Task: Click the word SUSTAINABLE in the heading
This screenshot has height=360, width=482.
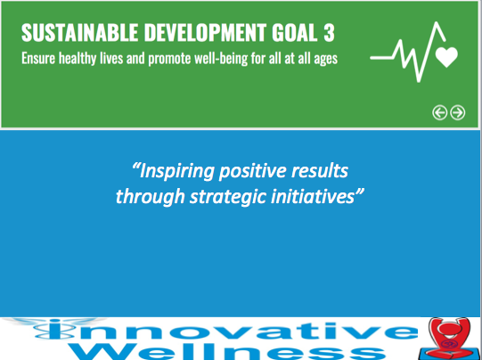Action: click(x=79, y=32)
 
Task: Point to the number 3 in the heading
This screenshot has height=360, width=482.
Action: click(x=329, y=32)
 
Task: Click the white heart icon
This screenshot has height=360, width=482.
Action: click(x=446, y=57)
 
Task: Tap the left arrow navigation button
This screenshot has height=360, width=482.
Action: click(x=440, y=112)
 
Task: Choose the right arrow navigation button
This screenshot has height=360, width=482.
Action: click(x=458, y=112)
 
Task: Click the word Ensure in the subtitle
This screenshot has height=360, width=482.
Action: click(x=38, y=58)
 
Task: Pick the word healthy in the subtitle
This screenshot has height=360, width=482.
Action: click(x=78, y=59)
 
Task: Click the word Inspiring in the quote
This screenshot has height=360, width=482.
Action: click(x=176, y=172)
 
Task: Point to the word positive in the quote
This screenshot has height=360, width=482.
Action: click(x=253, y=172)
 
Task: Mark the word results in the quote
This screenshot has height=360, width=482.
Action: click(x=320, y=170)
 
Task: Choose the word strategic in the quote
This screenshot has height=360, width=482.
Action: click(x=228, y=197)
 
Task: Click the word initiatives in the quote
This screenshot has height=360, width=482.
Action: click(x=313, y=196)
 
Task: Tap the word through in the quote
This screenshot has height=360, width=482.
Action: click(x=150, y=197)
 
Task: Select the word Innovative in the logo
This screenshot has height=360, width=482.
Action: click(x=226, y=330)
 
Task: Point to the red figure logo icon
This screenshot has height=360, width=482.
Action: click(x=449, y=339)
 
